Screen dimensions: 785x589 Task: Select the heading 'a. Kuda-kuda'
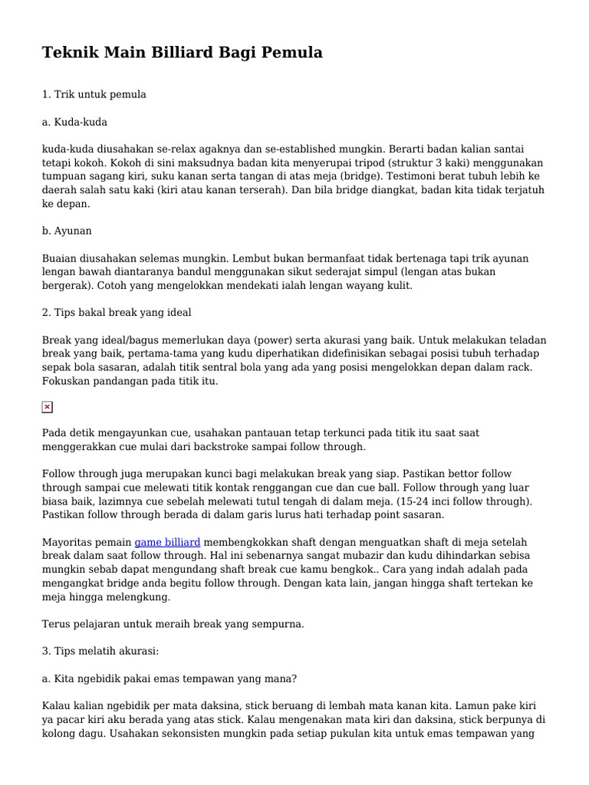(74, 121)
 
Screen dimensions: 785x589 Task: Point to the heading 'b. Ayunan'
(67, 231)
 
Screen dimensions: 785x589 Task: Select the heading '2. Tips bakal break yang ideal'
(117, 313)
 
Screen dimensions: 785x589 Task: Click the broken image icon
(48, 407)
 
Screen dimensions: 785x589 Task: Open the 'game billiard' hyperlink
(167, 542)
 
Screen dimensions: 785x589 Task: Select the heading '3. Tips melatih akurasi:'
(100, 652)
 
